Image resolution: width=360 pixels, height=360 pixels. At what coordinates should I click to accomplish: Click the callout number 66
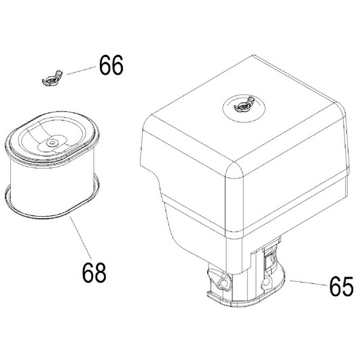coord(111,65)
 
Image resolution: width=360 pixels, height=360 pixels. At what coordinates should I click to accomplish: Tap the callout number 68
coord(94,272)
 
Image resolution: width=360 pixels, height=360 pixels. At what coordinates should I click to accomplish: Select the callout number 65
coord(342,286)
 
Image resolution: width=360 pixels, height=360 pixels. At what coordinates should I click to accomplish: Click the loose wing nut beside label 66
coord(52,79)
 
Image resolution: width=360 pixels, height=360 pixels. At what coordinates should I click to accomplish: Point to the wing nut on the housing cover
coord(244,105)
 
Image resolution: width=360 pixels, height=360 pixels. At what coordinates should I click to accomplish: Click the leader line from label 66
coord(81,71)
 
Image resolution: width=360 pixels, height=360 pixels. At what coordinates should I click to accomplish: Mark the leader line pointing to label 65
coord(309,283)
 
